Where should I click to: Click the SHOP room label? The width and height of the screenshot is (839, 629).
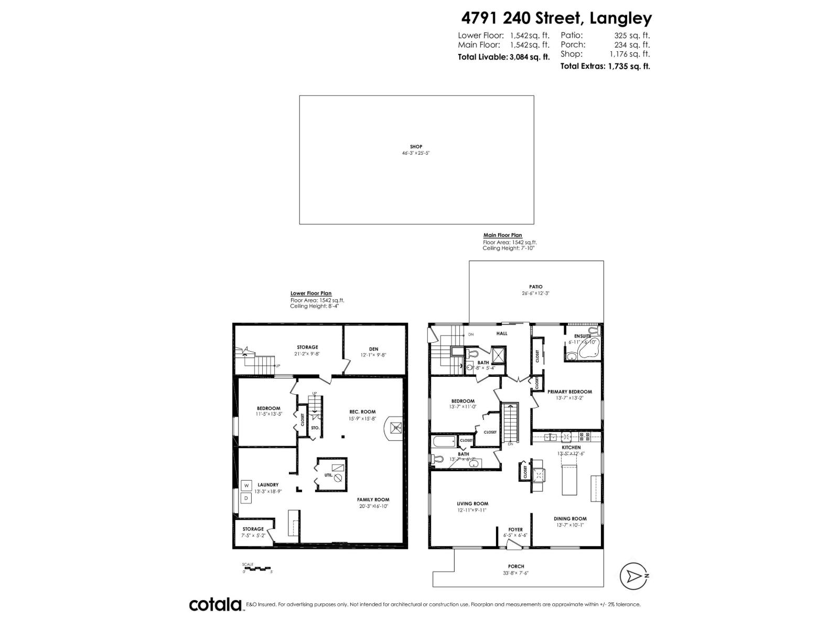click(x=416, y=147)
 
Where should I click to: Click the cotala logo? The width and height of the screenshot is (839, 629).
click(x=215, y=604)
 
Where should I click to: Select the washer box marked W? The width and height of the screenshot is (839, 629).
click(x=246, y=485)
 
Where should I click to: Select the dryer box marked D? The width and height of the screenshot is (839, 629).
click(x=246, y=498)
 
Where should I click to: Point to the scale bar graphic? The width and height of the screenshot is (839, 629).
click(x=256, y=568)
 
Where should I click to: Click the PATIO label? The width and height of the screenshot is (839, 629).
click(x=535, y=287)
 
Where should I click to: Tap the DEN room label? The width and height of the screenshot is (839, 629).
click(x=373, y=349)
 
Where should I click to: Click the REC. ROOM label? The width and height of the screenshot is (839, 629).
click(x=362, y=411)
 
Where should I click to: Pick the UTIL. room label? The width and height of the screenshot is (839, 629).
click(x=328, y=475)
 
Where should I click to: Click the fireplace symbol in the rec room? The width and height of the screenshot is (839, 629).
click(x=395, y=428)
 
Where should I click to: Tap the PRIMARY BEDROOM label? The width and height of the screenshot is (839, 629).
click(x=569, y=392)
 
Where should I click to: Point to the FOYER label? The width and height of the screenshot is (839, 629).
click(x=515, y=529)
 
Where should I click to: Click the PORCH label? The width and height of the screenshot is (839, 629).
click(x=516, y=566)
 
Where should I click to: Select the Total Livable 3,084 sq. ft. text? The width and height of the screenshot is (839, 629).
click(x=503, y=57)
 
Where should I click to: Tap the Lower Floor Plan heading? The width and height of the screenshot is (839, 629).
click(x=311, y=294)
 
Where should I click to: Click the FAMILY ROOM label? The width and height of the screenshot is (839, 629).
click(x=374, y=500)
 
